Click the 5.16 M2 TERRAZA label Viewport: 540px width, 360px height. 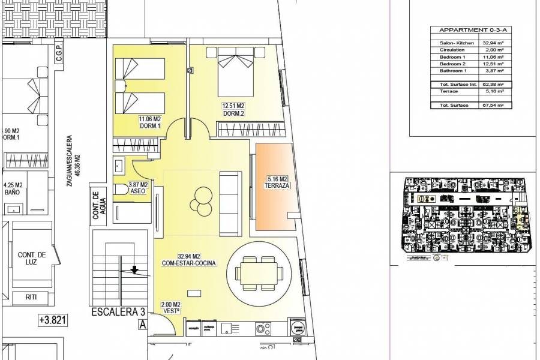point(277,182)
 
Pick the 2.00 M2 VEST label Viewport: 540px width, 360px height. point(170,307)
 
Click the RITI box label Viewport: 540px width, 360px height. point(32,296)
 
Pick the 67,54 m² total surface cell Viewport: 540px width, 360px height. point(494,104)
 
